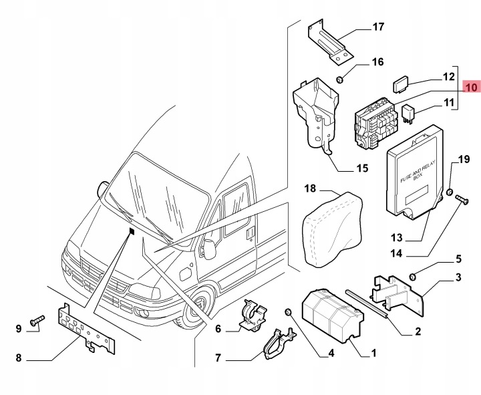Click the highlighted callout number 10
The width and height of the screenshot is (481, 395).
click(x=472, y=87)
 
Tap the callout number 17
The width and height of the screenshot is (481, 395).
click(x=378, y=27)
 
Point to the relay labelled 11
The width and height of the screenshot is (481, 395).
click(x=407, y=113)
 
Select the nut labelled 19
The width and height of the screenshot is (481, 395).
click(x=450, y=192)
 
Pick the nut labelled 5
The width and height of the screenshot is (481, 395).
click(x=413, y=277)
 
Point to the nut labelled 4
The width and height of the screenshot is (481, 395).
click(x=289, y=312)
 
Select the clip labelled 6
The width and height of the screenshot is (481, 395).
click(x=253, y=316)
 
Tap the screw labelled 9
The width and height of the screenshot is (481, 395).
click(x=37, y=319)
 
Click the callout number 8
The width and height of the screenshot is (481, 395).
click(x=19, y=358)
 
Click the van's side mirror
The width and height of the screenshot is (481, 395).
click(x=210, y=249)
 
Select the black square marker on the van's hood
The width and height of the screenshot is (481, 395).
click(x=132, y=231)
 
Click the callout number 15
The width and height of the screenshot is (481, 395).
click(x=362, y=168)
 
